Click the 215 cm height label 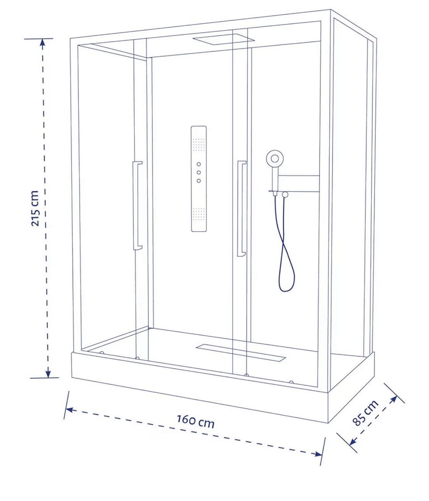tap(35, 209)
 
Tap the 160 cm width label tap(196, 421)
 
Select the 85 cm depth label tap(366, 413)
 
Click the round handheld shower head tap(274, 158)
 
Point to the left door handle tap(138, 205)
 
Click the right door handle tap(242, 209)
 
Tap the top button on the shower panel tap(199, 164)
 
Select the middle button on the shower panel tap(199, 172)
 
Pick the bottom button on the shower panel tap(199, 181)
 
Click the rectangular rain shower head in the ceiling tap(223, 39)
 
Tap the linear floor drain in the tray tap(241, 352)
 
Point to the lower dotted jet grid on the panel tap(198, 214)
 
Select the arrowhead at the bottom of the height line tap(48, 373)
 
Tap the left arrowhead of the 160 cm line tap(69, 409)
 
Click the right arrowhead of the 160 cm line tap(318, 454)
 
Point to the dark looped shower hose tap(283, 243)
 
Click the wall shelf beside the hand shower tap(298, 184)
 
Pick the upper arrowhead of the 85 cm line tap(394, 399)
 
